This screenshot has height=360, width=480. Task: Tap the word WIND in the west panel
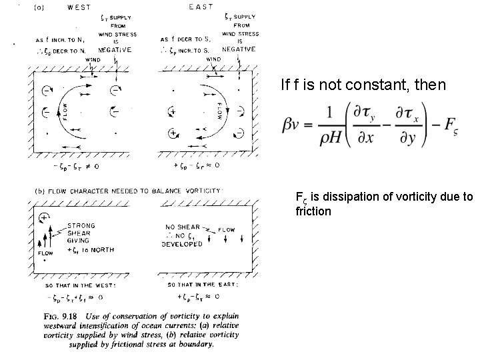click(x=93, y=60)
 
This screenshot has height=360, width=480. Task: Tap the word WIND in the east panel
click(x=213, y=59)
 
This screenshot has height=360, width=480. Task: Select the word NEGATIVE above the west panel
click(x=115, y=50)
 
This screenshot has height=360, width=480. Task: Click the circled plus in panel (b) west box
click(x=45, y=217)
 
